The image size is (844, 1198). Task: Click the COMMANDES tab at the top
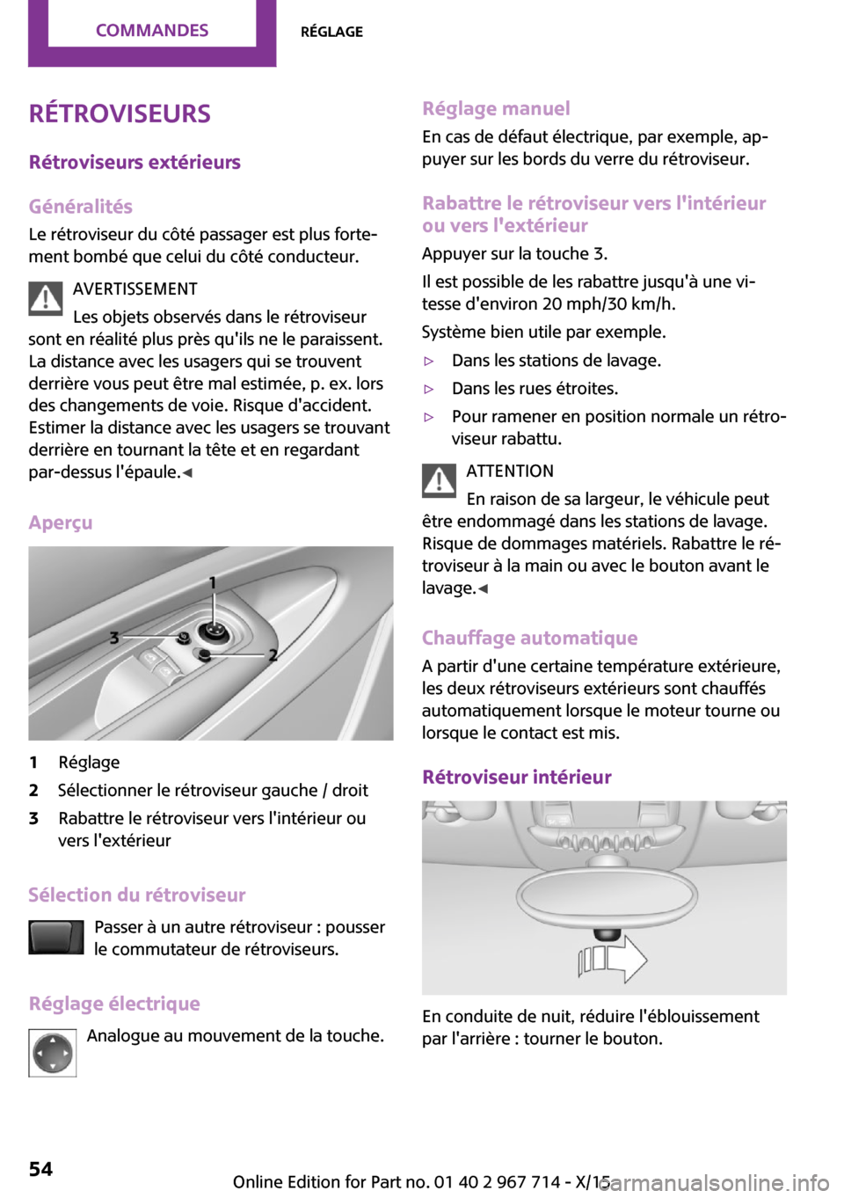[152, 31]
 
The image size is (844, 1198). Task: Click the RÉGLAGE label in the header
[331, 32]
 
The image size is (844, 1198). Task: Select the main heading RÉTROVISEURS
[120, 114]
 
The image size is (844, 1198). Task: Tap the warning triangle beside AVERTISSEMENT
[45, 299]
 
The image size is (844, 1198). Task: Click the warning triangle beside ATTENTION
[439, 480]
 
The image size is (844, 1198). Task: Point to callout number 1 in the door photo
[212, 582]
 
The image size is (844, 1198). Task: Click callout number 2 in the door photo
[273, 655]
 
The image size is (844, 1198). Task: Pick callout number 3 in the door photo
[114, 637]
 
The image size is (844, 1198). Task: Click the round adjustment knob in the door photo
[212, 631]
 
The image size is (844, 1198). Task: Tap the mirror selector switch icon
[55, 938]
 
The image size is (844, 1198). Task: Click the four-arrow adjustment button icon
[53, 1053]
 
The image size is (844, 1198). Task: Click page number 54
[40, 1169]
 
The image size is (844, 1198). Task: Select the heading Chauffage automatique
[529, 639]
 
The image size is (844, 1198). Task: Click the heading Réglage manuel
[496, 109]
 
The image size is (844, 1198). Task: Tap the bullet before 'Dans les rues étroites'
[429, 389]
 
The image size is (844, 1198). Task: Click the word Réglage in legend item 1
[89, 763]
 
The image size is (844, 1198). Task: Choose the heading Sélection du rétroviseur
[136, 895]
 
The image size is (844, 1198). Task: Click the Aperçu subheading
[60, 523]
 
